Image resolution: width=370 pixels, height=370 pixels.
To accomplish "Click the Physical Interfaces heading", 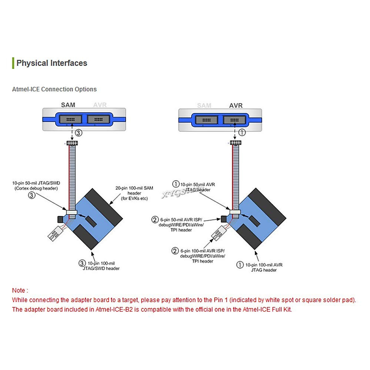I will coord(51,63).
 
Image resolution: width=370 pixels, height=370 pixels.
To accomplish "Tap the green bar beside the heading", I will coord(13,63).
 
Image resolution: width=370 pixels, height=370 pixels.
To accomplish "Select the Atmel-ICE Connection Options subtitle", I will coord(54,89).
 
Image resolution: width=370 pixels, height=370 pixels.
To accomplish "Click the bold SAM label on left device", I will coord(68,105).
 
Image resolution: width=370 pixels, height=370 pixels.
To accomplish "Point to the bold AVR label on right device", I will coord(236,105).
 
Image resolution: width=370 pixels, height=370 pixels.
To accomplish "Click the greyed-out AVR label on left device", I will coord(100,105).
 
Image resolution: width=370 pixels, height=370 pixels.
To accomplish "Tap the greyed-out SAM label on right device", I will coord(204,105).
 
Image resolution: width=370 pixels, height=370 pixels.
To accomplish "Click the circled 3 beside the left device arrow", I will coord(79,133).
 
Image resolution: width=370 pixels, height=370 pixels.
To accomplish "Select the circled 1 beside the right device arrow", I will coord(242,132).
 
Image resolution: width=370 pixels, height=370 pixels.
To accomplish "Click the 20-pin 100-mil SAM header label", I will coord(134,193).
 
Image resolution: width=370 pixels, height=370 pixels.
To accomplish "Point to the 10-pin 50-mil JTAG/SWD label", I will coord(36,186).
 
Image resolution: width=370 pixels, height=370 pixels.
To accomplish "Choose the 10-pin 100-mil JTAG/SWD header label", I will coord(101,266).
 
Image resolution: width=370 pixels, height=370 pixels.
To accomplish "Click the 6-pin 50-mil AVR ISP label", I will coord(181,225).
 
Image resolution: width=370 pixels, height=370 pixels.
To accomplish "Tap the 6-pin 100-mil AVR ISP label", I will coord(202,256).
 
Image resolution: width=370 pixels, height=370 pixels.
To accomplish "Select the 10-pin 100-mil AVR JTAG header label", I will coord(264,267).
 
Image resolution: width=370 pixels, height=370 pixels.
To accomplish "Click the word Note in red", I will coord(18,290).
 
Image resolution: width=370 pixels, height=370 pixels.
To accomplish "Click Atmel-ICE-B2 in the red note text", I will coord(114,310).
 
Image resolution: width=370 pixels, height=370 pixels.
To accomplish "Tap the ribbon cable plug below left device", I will coord(72,143).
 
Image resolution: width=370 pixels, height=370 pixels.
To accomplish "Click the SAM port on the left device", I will coord(71,119).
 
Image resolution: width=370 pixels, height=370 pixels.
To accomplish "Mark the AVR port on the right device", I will coord(234,120).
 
